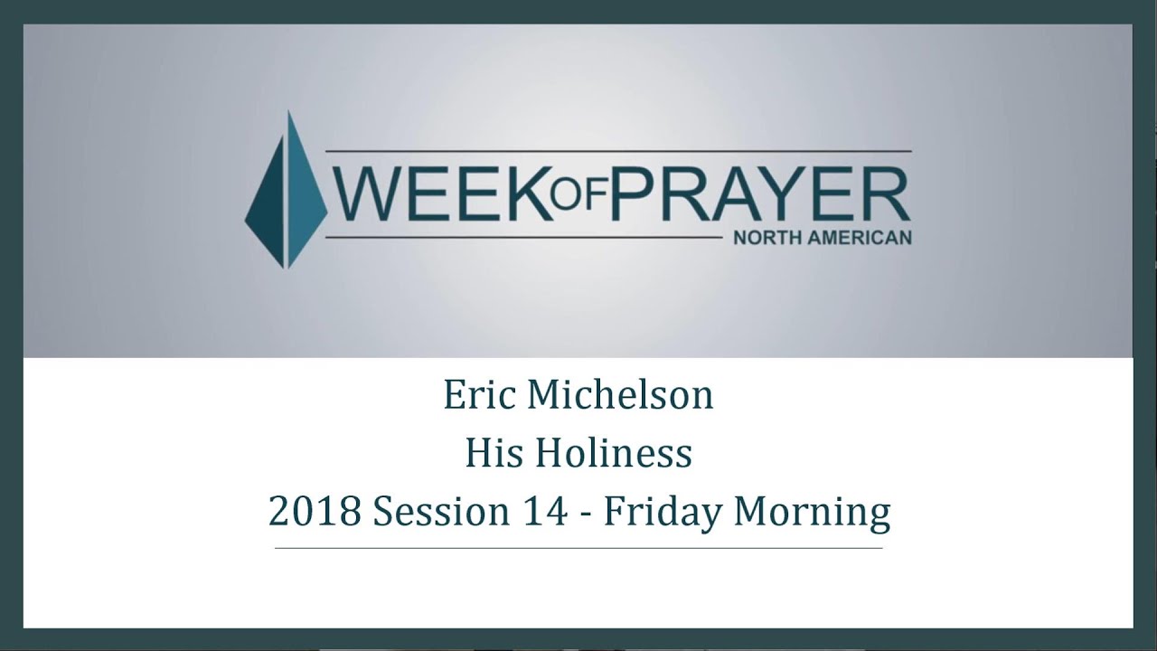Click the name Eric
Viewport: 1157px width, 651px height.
[476, 396]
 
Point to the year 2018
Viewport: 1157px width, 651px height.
[315, 512]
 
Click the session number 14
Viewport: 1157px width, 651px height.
[533, 512]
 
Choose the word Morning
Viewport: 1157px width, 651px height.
[811, 512]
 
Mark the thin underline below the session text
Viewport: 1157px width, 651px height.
[578, 549]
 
